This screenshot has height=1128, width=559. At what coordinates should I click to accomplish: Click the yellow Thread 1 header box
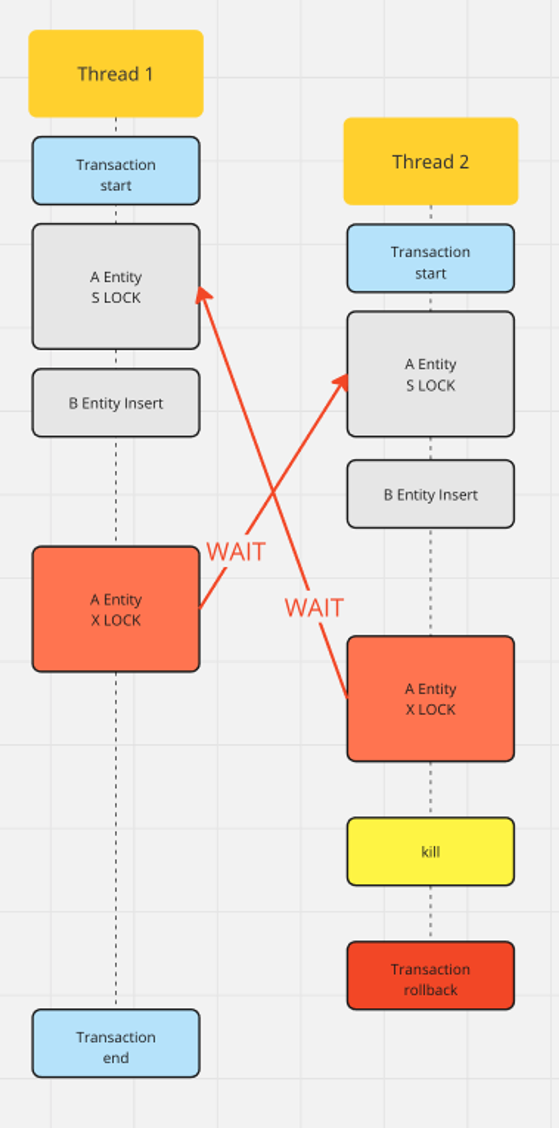click(x=116, y=74)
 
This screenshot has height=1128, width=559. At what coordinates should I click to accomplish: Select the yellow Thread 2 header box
click(x=430, y=161)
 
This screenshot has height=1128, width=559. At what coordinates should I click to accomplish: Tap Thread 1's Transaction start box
click(x=116, y=171)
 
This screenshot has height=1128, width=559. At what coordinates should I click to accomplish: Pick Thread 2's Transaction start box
click(x=430, y=258)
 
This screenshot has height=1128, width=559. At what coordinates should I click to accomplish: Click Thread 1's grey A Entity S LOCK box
click(x=116, y=286)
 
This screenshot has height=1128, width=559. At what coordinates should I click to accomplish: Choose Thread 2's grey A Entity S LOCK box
click(x=430, y=374)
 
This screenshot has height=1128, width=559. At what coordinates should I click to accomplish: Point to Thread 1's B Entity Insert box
click(x=116, y=403)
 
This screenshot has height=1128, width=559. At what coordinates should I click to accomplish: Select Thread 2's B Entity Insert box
click(x=430, y=494)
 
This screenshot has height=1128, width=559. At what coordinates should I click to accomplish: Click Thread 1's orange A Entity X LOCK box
click(x=116, y=609)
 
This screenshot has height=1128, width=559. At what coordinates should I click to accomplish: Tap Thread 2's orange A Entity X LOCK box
click(x=430, y=699)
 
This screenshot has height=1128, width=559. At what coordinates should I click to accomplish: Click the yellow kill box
click(x=430, y=851)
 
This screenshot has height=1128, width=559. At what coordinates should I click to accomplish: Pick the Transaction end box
click(x=116, y=1047)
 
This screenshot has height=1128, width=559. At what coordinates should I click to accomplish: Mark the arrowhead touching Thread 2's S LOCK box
click(x=341, y=381)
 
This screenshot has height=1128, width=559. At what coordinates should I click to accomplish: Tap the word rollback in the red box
click(x=430, y=990)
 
